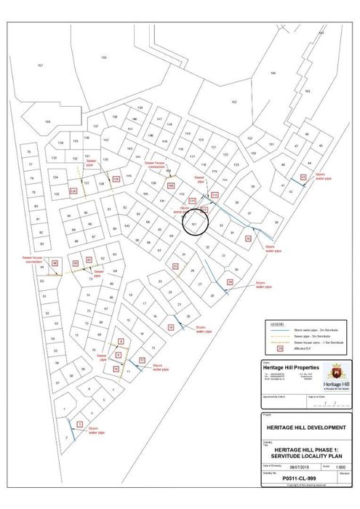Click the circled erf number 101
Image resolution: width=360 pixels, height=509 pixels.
coord(193,223)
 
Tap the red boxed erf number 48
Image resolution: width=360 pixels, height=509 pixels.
coord(55,263)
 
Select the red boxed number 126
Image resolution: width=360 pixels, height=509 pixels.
coord(73,191)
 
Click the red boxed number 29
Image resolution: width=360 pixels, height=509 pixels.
coord(230,281)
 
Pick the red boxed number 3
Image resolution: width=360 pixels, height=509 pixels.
coord(79,423)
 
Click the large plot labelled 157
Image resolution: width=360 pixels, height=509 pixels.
coord(40,65)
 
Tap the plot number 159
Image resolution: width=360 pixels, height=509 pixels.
coord(47,121)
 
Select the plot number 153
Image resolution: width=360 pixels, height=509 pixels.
coord(234,102)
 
